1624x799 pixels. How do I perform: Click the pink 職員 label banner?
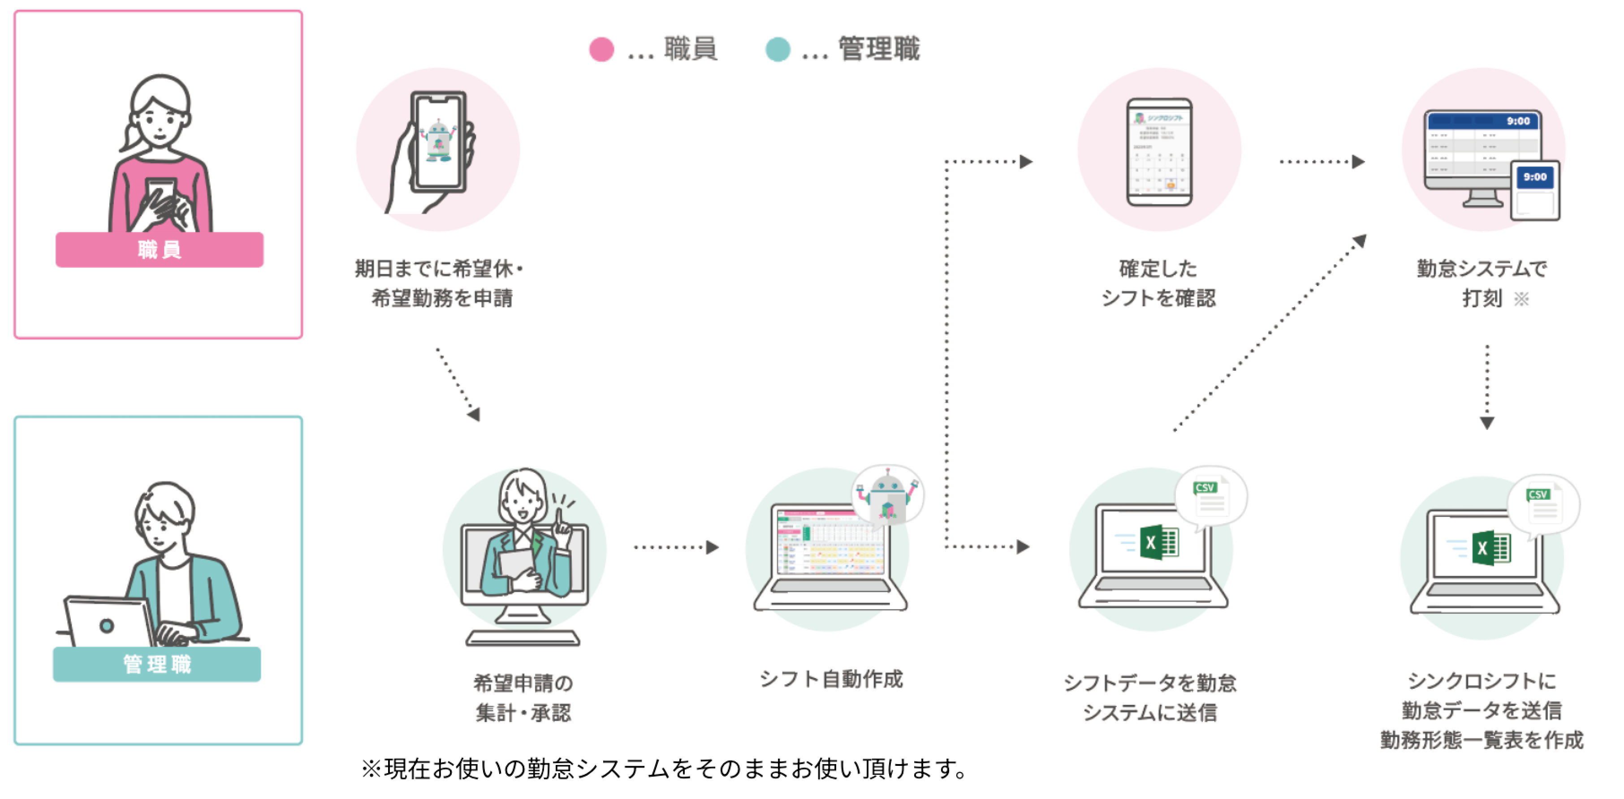(x=159, y=249)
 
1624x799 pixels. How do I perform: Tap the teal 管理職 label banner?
(x=156, y=664)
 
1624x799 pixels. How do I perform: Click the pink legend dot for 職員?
(x=601, y=49)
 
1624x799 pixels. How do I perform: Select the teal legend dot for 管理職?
(x=777, y=49)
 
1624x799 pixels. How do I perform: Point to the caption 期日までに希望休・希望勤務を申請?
(x=440, y=283)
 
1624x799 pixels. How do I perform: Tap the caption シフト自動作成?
(x=831, y=679)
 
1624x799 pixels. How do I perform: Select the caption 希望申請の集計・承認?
(x=523, y=697)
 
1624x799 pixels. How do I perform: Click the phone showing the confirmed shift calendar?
(x=1159, y=152)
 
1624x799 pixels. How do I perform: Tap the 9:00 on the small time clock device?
(x=1534, y=177)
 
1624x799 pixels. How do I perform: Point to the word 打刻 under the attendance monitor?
(x=1482, y=298)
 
